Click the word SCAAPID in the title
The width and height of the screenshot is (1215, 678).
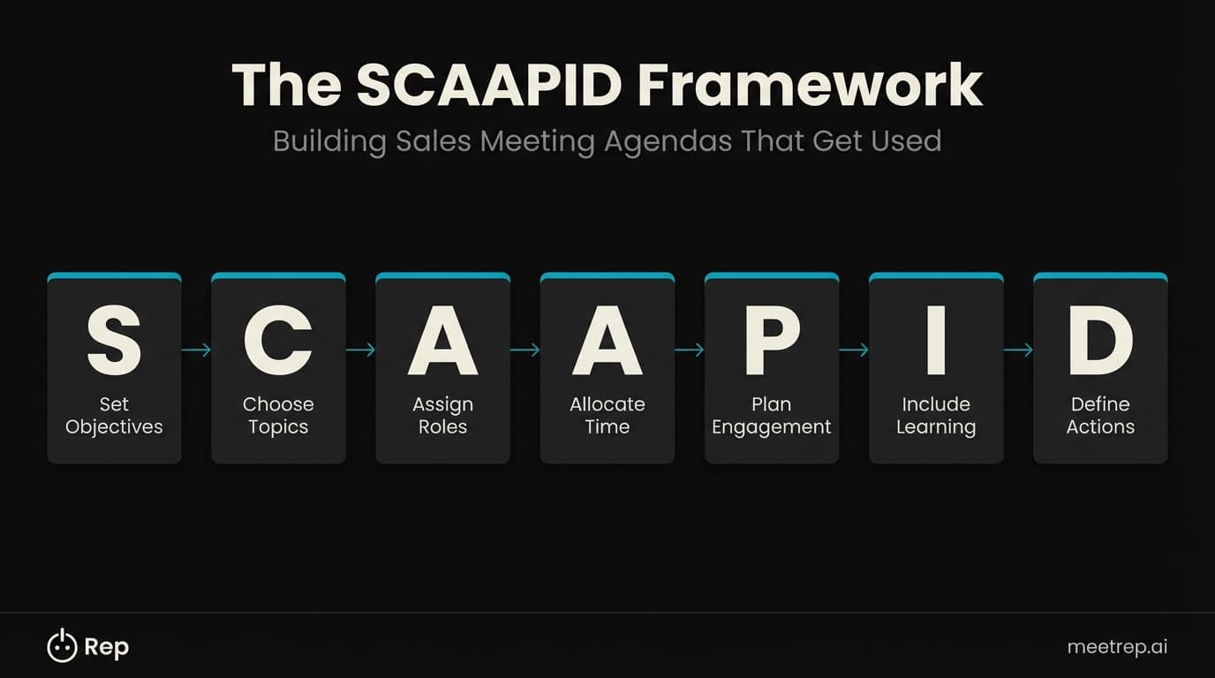coord(489,86)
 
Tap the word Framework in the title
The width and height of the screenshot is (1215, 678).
coord(809,86)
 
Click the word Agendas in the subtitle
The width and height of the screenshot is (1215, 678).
coord(668,141)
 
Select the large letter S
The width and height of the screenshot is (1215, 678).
coord(114,341)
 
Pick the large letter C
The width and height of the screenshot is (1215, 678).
coord(278,341)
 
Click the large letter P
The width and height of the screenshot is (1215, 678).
coord(771,341)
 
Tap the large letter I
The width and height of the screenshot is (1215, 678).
coord(936,341)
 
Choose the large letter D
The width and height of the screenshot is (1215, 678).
coord(1100,341)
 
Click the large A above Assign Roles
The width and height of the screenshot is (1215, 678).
coord(442,341)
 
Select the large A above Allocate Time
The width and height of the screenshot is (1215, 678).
coord(607,341)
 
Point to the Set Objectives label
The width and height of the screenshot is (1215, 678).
coord(114,416)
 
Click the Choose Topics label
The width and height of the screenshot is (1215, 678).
coord(278,416)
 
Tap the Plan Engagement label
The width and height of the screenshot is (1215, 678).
coord(771,416)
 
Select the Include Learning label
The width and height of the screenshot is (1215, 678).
coord(936,416)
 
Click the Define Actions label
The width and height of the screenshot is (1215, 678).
coord(1100,416)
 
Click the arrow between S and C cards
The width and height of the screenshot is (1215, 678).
coord(196,350)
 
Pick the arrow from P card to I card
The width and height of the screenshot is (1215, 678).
coord(854,350)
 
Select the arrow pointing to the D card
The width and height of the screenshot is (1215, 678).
coord(1018,350)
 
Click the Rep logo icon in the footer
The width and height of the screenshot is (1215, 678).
coord(62,646)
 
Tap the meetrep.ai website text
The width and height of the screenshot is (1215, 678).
coord(1117,647)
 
